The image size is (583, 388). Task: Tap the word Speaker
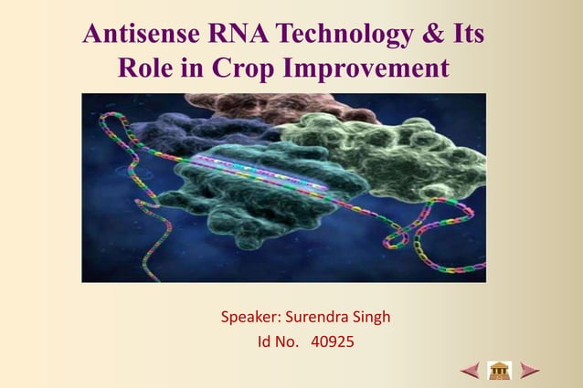tap(250, 319)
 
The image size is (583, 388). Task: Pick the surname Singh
tap(372, 319)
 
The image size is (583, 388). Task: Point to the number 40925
tap(333, 343)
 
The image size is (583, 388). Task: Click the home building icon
tap(499, 371)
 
